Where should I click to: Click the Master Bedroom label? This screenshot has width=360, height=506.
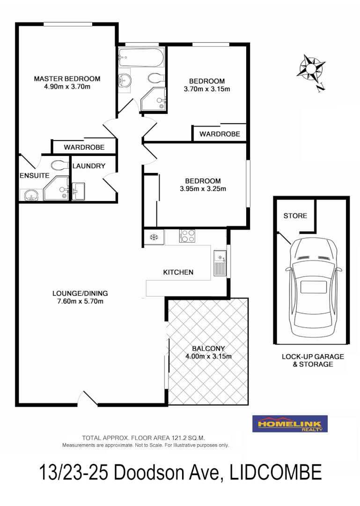click(67, 78)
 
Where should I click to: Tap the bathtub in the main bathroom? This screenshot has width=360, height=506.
click(140, 59)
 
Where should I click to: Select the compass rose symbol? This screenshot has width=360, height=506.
click(311, 69)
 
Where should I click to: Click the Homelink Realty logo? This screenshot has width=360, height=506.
click(290, 424)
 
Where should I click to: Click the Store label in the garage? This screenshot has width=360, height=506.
click(295, 216)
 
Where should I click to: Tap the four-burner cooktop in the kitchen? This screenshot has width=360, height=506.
click(187, 236)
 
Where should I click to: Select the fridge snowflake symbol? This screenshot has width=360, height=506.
click(153, 237)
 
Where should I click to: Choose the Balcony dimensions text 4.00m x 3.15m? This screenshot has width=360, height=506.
click(208, 356)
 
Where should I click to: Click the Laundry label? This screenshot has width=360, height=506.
click(89, 166)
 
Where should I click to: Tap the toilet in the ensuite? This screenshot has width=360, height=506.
click(59, 165)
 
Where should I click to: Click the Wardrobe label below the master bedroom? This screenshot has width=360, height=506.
click(84, 147)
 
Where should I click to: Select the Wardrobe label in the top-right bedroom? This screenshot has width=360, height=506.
click(220, 134)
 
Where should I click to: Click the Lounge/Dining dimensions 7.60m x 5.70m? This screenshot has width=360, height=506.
click(80, 301)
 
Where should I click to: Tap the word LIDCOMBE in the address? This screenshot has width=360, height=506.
click(276, 472)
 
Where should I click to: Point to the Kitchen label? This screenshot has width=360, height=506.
click(178, 272)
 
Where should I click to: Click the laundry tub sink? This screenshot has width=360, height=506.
click(78, 191)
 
